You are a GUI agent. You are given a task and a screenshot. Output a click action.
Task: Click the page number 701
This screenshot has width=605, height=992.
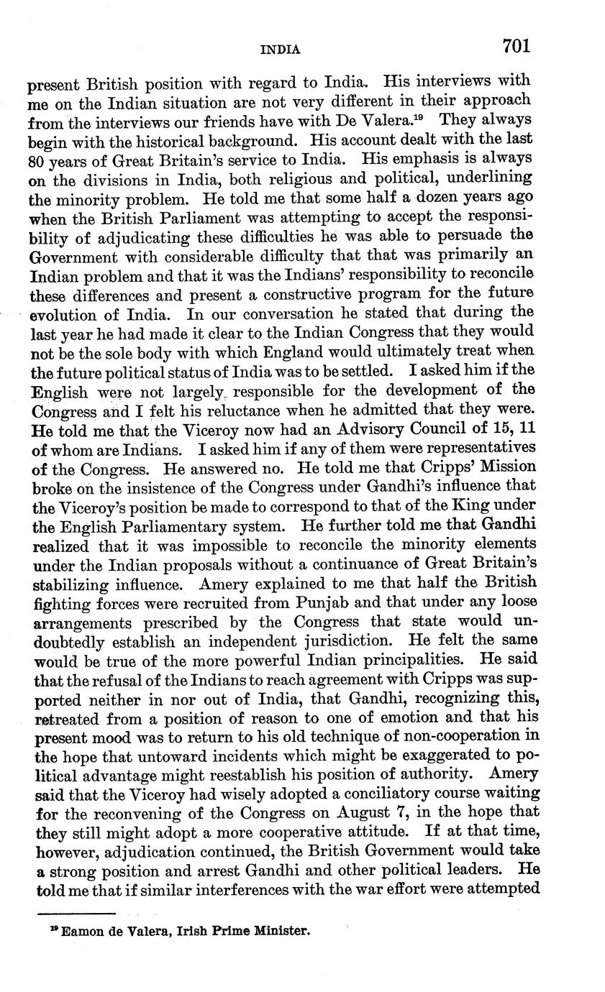click(516, 46)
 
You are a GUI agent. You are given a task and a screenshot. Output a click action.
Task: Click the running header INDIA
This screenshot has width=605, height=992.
click(280, 50)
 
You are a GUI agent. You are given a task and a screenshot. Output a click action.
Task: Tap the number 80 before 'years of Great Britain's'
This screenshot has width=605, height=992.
click(37, 159)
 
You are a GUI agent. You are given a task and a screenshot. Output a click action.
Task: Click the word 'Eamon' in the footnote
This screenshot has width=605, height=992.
click(81, 932)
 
